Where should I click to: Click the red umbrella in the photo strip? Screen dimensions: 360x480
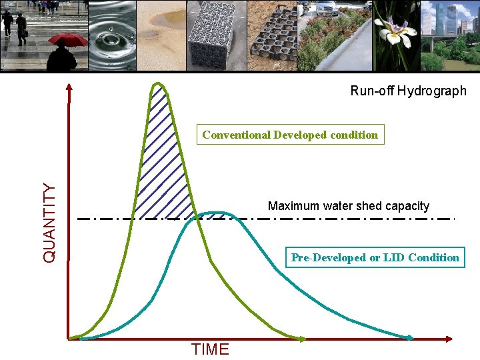(68, 39)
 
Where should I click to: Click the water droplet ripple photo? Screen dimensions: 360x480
(111, 35)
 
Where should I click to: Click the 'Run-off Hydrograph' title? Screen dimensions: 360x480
(408, 91)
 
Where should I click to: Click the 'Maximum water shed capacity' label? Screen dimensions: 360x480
(348, 206)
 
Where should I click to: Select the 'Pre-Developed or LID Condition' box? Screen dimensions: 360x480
(375, 257)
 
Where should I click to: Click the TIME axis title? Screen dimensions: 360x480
(210, 349)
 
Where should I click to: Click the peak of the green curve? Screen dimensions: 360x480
(158, 83)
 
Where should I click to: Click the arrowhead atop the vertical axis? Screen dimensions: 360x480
(69, 87)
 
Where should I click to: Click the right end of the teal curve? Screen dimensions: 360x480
(409, 338)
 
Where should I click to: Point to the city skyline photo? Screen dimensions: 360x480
(450, 35)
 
